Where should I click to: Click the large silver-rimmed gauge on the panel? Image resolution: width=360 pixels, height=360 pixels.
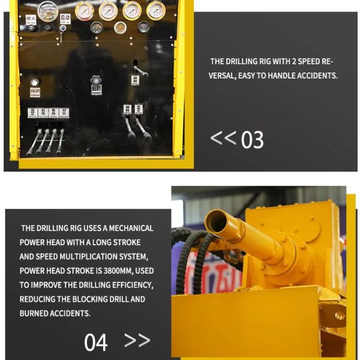tap(47, 11)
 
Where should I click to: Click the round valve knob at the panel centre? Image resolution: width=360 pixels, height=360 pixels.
tap(96, 80)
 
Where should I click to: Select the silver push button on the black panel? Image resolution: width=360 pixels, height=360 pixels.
tap(34, 82)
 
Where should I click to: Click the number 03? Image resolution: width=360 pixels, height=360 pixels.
tap(252, 140)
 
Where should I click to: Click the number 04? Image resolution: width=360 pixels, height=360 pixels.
tap(96, 342)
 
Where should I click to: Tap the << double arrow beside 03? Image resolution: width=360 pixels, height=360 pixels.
tap(223, 137)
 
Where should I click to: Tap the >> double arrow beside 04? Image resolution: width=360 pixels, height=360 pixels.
tap(137, 340)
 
